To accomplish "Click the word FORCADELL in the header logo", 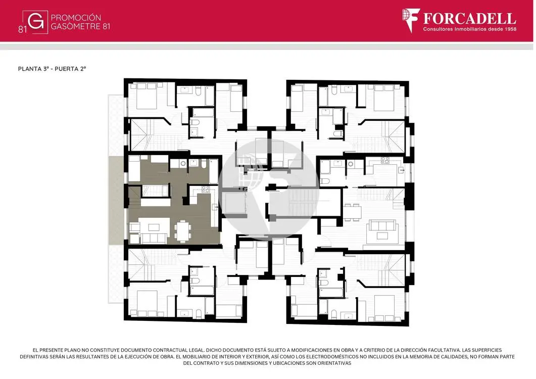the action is pyautogui.click(x=469, y=18).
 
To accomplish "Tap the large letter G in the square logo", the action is pyautogui.click(x=35, y=22).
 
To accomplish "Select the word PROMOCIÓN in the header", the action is pyautogui.click(x=76, y=18).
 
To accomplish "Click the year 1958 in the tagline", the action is pyautogui.click(x=510, y=29).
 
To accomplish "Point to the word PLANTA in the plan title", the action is pyautogui.click(x=30, y=69).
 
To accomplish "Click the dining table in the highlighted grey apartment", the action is pyautogui.click(x=183, y=231).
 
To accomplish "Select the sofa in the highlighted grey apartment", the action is pyautogui.click(x=154, y=239).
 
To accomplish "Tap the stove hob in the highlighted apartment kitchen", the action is pyautogui.click(x=206, y=189).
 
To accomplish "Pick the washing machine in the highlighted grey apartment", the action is pyautogui.click(x=183, y=164).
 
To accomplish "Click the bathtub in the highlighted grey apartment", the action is pyautogui.click(x=213, y=171).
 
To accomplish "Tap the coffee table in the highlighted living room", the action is pyautogui.click(x=154, y=227).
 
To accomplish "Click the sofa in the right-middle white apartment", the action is pyautogui.click(x=382, y=225).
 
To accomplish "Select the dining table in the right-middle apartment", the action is pyautogui.click(x=352, y=212).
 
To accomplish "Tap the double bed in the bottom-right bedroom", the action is pyautogui.click(x=384, y=308).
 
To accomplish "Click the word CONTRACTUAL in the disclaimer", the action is pyautogui.click(x=173, y=350).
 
